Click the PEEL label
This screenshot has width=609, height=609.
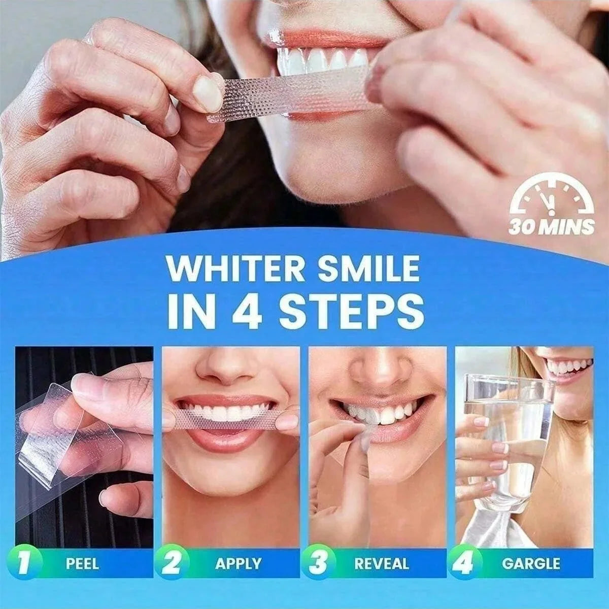pyautogui.click(x=82, y=563)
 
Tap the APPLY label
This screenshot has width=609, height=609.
pyautogui.click(x=238, y=563)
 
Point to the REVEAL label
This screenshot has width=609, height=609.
pyautogui.click(x=382, y=563)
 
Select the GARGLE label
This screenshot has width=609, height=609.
pyautogui.click(x=531, y=563)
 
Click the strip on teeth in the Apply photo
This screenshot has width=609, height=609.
pyautogui.click(x=223, y=419)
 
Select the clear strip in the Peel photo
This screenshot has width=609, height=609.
pyautogui.click(x=56, y=431)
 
